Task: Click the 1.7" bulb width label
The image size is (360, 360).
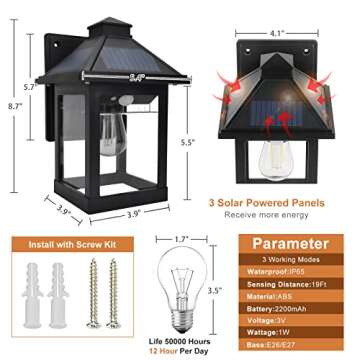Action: (181, 239)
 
